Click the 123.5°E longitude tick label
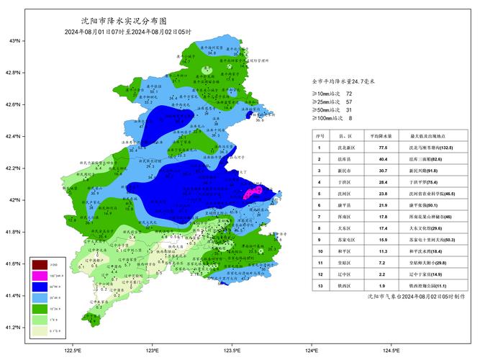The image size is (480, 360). pos(232,351)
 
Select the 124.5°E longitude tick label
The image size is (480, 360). pos(391,351)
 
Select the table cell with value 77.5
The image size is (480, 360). pos(384,147)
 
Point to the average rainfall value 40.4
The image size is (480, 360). pos(384,159)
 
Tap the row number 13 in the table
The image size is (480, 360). pos(320,286)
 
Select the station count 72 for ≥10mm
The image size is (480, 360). pos(349,94)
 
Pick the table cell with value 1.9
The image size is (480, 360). pos(384,286)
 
